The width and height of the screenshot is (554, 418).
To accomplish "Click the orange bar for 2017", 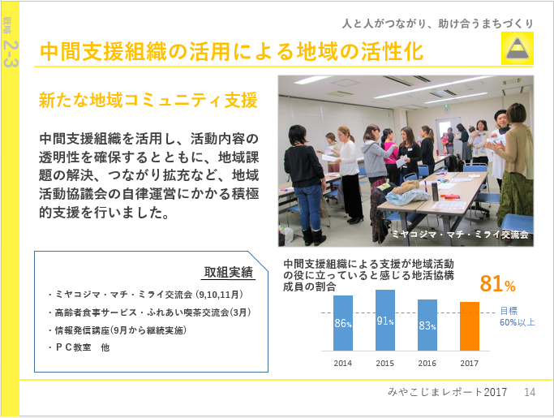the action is coord(470,326).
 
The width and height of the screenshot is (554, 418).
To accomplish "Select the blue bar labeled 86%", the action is coord(343,323).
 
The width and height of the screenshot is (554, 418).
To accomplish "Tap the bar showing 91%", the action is coord(385,321).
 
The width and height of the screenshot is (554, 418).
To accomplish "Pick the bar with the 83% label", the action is coord(427,325).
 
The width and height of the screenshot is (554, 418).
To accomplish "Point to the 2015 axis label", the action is coord(384,363).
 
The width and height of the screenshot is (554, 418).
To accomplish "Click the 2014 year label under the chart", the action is coord(343,363).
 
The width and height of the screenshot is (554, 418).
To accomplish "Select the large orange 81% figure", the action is coord(497,283).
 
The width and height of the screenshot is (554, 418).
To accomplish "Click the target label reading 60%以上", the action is coord(517,322).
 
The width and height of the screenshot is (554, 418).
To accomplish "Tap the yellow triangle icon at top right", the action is coord(517,49).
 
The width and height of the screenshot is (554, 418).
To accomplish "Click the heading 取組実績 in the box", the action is coord(228,272).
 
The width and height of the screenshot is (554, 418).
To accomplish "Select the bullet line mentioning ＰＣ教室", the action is coord(79,347).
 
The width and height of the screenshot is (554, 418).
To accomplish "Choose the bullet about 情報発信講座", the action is coord(118,330).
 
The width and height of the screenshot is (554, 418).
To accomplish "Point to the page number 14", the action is coord(530,392).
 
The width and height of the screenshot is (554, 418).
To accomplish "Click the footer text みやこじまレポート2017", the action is coord(447,392).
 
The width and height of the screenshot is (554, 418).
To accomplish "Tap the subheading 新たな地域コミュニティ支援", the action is coord(148,100).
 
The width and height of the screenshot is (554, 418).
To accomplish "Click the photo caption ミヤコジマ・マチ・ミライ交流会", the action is coord(460,234).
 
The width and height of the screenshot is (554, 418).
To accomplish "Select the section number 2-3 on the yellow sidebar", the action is coord(10,54).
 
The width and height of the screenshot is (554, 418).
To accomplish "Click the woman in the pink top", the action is coord(389,156).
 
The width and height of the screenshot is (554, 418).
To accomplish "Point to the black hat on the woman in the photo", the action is coord(500,114).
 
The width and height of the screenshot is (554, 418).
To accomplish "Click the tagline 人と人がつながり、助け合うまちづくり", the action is coord(437,24).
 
